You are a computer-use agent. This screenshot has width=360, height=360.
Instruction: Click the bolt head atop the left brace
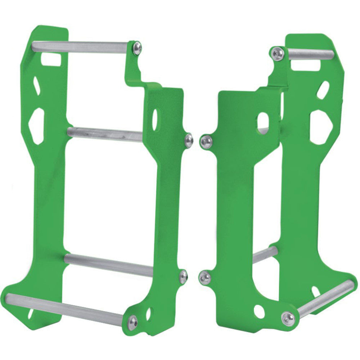137,48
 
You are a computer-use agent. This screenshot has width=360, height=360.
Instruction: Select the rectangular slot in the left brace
51,59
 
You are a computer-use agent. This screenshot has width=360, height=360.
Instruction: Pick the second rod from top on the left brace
104,134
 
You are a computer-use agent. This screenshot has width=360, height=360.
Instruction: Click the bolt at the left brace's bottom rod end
132,322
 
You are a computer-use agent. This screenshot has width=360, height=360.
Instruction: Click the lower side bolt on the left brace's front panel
183,276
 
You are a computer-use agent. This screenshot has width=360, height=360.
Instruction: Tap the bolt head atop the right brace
278,53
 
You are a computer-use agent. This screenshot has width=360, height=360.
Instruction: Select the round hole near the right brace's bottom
259,311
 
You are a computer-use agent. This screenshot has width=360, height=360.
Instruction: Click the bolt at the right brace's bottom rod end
288,319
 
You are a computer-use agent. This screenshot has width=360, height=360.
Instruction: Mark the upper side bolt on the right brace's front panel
207,142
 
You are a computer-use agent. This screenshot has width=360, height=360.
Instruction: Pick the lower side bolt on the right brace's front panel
205,278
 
